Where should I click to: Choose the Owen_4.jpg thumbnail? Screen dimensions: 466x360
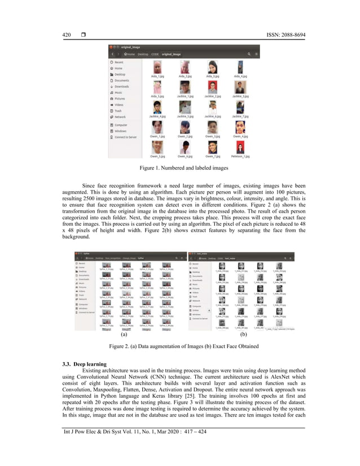point(240,128)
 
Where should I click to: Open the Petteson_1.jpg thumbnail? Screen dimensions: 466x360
point(240,148)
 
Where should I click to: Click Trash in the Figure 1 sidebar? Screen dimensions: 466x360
point(118,111)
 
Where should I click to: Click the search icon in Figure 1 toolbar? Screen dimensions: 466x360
point(248,54)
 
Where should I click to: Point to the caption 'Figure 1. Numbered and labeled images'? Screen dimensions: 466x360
point(180,168)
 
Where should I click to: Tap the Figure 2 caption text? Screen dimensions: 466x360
point(180,344)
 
